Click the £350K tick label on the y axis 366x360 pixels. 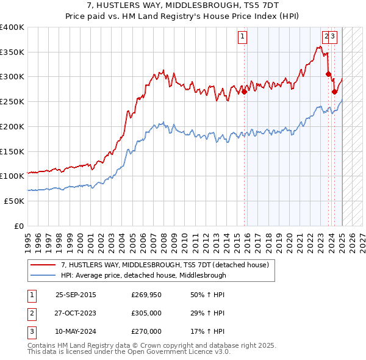12,52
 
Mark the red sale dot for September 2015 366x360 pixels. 244,92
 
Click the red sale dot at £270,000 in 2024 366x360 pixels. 334,92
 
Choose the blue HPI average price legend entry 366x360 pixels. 143,275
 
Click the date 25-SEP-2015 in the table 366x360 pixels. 76,295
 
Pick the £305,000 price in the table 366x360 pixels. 146,313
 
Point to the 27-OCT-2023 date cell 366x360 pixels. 76,313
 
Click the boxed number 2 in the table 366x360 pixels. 31,313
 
